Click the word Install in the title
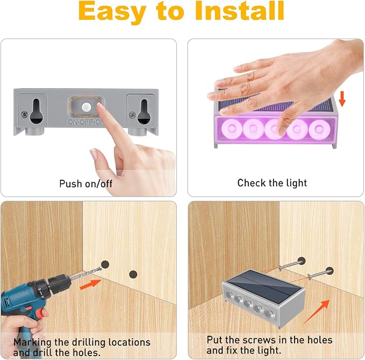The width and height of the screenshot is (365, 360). (x=240, y=11)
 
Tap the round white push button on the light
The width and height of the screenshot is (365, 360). (x=87, y=107)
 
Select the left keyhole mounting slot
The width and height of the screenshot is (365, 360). (x=37, y=111)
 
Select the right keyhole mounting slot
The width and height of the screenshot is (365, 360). (x=144, y=112)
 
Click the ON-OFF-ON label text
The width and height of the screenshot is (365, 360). (x=85, y=122)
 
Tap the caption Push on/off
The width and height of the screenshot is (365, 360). (x=85, y=183)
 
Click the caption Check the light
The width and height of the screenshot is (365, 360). (x=272, y=183)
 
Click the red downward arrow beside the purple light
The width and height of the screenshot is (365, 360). (x=342, y=99)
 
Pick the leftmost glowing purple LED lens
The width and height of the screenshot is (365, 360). (x=232, y=129)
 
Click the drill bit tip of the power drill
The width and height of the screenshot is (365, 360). (x=101, y=269)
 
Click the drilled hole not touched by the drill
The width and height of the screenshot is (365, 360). (x=133, y=274)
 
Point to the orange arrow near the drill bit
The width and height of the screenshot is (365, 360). (x=90, y=285)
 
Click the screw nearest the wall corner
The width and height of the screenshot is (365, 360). (x=291, y=264)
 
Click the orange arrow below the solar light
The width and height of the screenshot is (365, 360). (x=317, y=312)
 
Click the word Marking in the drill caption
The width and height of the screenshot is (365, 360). (x=32, y=343)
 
